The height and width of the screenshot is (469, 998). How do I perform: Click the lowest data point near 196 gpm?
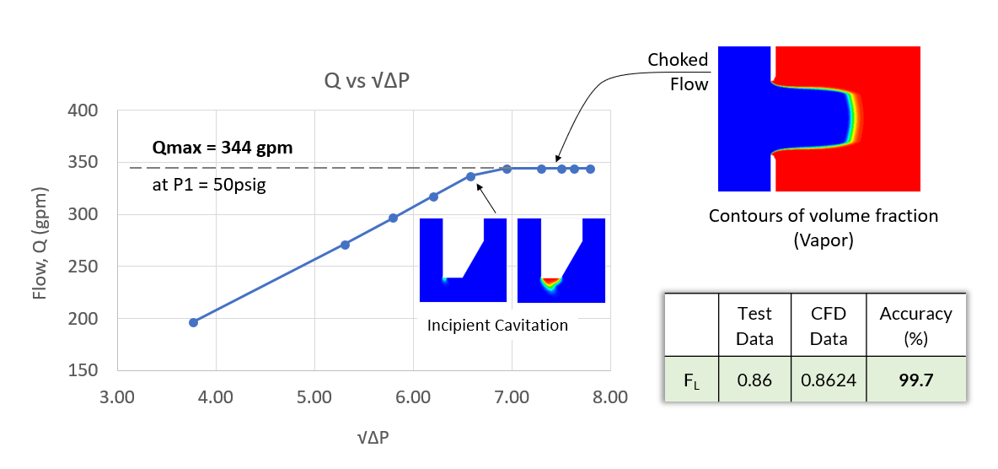coord(193,322)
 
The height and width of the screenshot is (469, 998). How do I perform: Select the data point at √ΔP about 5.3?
coord(345,245)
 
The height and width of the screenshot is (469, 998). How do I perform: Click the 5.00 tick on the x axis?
coord(314,396)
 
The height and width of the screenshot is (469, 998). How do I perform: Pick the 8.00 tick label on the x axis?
coord(609,396)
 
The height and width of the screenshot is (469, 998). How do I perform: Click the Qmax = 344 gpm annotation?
coord(222,148)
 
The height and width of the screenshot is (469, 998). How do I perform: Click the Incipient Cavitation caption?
coord(497,326)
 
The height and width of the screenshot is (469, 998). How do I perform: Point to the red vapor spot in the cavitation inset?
coord(550,281)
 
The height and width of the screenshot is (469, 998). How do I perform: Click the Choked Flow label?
coord(679,72)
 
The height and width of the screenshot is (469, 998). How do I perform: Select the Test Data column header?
coord(754,325)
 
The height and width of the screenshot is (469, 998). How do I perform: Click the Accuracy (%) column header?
coord(915,325)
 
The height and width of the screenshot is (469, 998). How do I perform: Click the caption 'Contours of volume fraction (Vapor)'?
coord(823,228)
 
